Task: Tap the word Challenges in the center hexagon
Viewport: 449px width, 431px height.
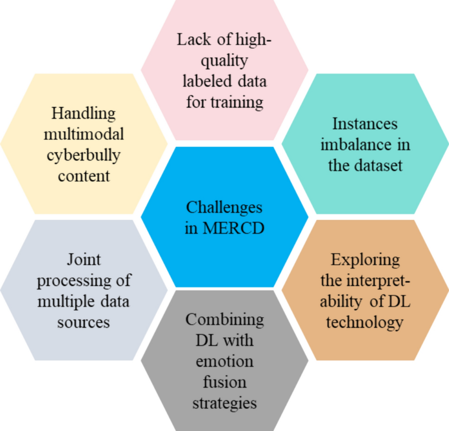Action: click(224, 207)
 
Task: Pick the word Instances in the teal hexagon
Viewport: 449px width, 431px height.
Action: click(365, 124)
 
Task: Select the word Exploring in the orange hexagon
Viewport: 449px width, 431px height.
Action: click(365, 260)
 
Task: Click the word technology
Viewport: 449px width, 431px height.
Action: click(365, 322)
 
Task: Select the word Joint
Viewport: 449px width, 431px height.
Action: click(84, 260)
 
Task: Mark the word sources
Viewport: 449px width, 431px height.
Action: click(84, 322)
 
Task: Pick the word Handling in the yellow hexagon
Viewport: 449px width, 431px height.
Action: click(84, 113)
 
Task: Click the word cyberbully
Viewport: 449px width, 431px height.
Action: click(84, 155)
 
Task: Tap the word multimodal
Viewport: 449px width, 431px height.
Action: click(84, 134)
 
